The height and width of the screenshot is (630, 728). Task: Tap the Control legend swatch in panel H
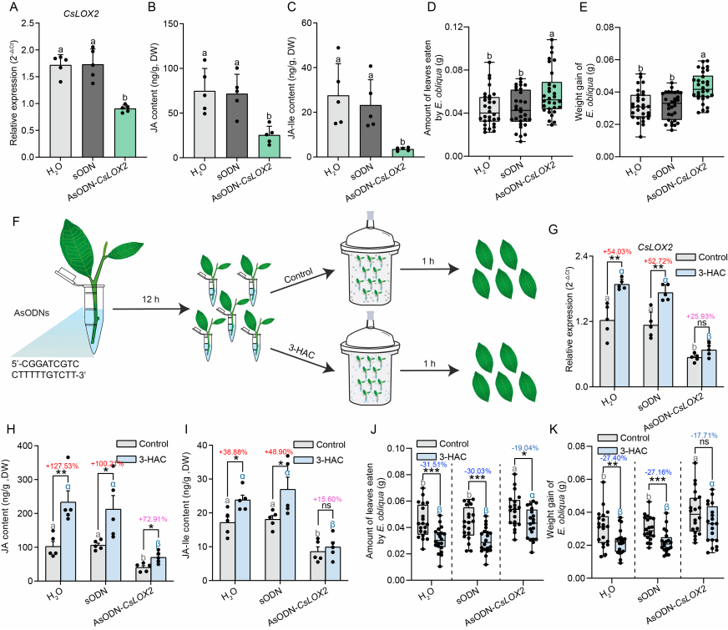[128, 445]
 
